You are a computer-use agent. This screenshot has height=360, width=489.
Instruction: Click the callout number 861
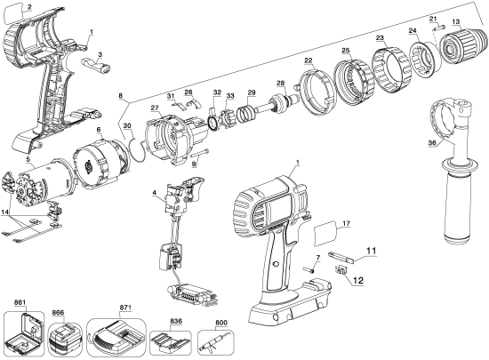[21, 303]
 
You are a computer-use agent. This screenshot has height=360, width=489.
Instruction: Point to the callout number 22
[309, 60]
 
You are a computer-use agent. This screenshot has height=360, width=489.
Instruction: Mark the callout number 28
[280, 84]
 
